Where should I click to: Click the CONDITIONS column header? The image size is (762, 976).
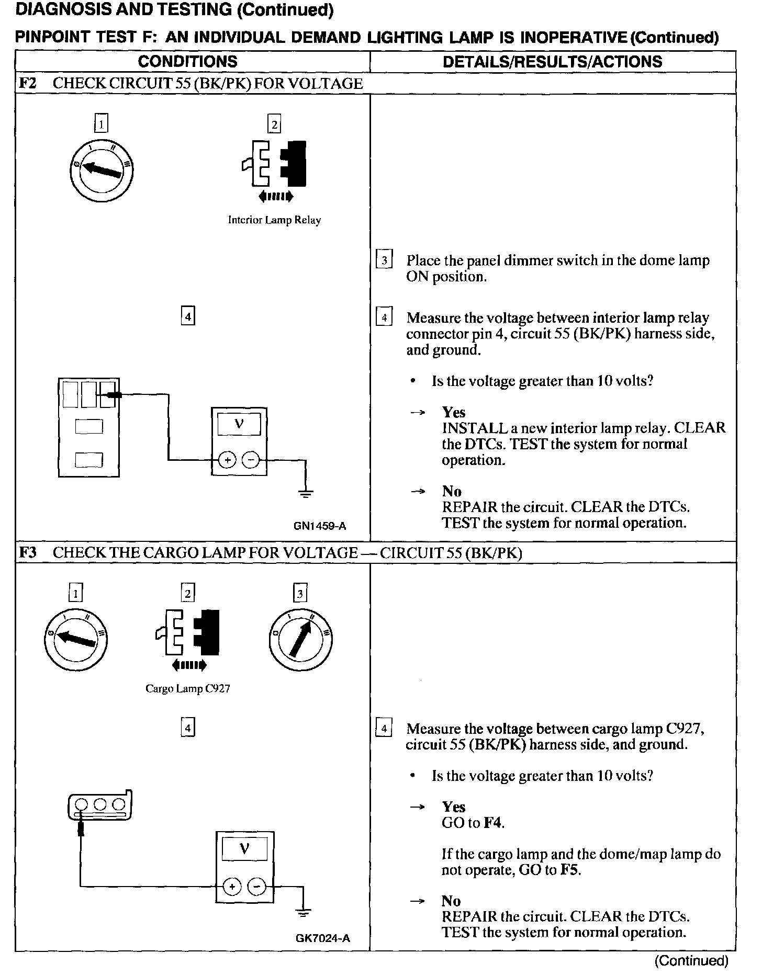187,62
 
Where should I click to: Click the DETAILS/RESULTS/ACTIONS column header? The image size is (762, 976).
552,62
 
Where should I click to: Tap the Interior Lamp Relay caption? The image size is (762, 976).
274,220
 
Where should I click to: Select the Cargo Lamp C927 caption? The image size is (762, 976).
188,689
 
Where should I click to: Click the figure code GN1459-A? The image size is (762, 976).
320,526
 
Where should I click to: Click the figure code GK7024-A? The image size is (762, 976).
322,938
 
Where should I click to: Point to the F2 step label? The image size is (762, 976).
28,84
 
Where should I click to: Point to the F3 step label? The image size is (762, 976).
28,553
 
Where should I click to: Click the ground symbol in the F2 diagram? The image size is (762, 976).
306,492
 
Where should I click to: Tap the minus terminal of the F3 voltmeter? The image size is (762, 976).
256,887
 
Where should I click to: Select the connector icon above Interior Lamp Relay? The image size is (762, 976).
274,163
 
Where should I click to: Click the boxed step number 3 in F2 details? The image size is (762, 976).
384,260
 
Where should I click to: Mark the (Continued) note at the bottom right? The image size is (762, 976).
691,960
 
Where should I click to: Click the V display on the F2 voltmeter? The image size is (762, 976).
239,424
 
